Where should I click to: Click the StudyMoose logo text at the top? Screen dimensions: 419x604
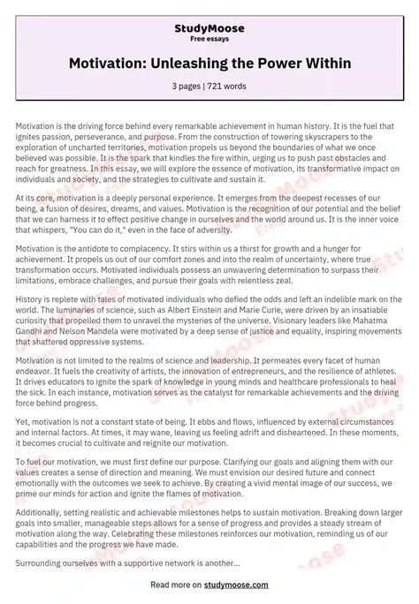209,28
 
